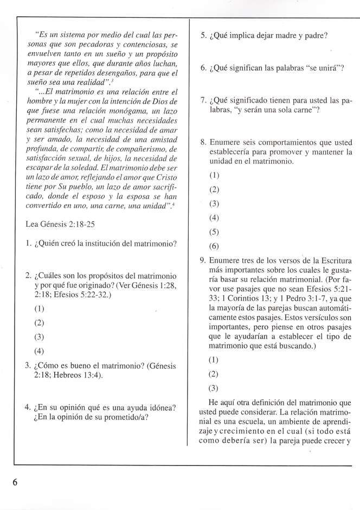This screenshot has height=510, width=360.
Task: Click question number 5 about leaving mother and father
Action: point(203,36)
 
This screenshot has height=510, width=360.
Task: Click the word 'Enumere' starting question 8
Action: point(223,142)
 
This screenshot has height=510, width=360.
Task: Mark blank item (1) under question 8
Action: point(215,176)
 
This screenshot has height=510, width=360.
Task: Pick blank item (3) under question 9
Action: point(215,388)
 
